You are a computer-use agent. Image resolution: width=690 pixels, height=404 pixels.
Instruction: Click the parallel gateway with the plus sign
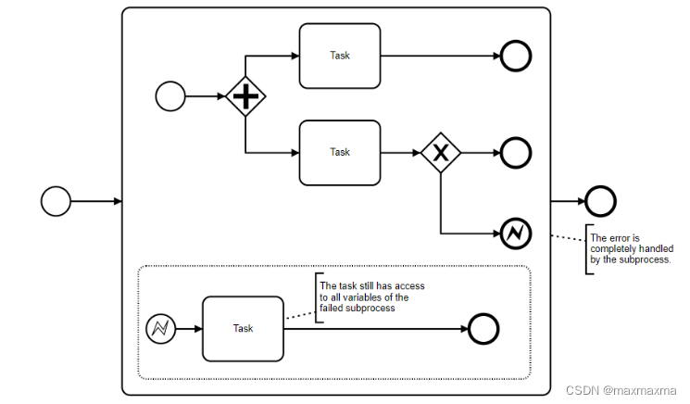pos(245,95)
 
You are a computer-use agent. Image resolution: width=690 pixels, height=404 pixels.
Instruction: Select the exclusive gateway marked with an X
pos(440,152)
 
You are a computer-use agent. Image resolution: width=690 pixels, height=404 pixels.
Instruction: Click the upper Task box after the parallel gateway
pos(340,56)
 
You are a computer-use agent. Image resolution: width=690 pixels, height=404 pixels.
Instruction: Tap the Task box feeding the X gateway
pos(340,152)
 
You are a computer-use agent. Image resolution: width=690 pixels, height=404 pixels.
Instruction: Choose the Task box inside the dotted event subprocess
pos(243,328)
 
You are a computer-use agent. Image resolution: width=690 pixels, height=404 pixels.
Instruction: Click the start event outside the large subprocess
pos(56,200)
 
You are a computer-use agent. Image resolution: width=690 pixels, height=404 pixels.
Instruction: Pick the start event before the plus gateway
pos(170,95)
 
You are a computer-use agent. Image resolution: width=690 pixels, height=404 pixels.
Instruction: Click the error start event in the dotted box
pos(160,328)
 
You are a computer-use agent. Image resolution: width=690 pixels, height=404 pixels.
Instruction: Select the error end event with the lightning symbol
pos(516,233)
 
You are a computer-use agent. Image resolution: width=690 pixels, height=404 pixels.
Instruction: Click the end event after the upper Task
pos(516,56)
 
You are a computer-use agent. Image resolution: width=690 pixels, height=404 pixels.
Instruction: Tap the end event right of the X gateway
pos(516,152)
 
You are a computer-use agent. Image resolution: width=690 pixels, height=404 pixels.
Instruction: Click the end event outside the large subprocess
pos(601,200)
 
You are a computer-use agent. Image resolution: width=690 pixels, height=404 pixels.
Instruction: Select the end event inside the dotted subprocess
pos(483,328)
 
